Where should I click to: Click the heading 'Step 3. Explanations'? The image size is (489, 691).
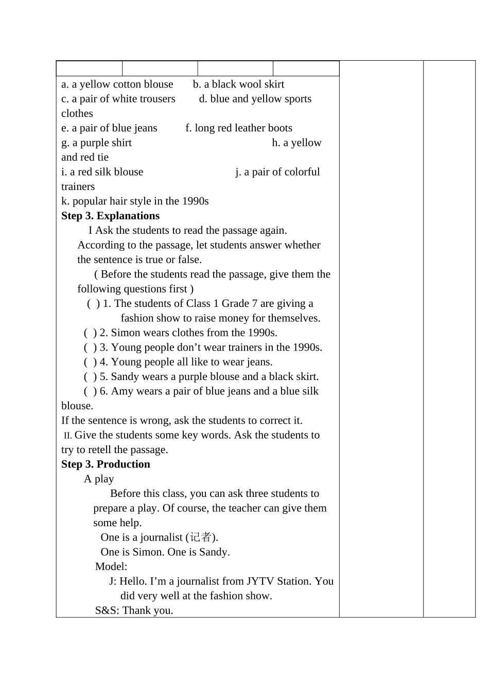click(x=110, y=216)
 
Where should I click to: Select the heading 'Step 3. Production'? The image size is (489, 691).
click(x=106, y=464)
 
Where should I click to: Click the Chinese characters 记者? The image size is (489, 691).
click(x=200, y=537)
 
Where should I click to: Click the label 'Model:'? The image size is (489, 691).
click(x=111, y=566)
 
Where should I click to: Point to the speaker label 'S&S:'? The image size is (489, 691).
click(x=107, y=611)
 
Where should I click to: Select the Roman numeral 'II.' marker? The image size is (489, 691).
click(x=67, y=436)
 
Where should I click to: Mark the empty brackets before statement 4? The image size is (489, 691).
click(x=90, y=362)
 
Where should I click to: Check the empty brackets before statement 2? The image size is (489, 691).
click(x=90, y=333)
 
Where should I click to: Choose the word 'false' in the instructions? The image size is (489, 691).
click(x=189, y=260)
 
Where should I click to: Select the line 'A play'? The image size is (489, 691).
click(x=99, y=479)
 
